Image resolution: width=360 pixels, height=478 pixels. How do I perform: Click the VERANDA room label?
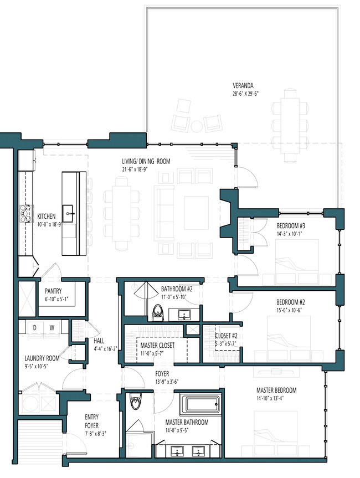click(243, 86)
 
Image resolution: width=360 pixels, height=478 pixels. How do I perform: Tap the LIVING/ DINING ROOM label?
click(146, 161)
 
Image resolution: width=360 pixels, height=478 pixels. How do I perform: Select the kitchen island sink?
click(68, 213)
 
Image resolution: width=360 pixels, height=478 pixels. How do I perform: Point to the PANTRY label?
click(53, 291)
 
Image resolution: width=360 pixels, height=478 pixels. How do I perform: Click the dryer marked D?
click(35, 328)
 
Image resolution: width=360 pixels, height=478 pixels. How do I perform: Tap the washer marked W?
click(52, 328)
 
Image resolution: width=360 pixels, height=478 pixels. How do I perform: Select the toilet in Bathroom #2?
click(158, 312)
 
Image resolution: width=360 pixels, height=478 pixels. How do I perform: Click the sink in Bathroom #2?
click(183, 314)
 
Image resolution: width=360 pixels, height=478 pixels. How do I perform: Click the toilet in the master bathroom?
click(135, 402)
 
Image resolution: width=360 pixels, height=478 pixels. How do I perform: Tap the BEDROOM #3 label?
click(291, 226)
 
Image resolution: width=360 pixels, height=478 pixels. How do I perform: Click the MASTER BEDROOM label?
click(276, 390)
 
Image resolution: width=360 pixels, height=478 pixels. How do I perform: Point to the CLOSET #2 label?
click(226, 336)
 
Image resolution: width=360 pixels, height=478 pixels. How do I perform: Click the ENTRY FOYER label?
click(92, 421)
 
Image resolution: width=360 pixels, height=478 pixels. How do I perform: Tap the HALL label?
click(99, 341)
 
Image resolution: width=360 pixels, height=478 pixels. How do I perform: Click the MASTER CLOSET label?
click(157, 346)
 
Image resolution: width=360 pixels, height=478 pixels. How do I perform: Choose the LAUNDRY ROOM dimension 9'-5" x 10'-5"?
click(37, 366)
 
